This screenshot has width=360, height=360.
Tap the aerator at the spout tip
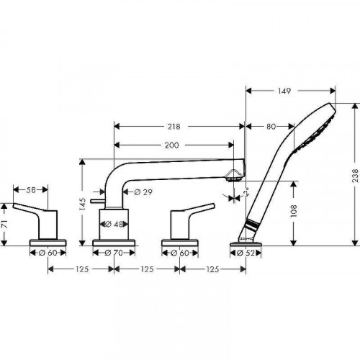coord(235,174)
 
